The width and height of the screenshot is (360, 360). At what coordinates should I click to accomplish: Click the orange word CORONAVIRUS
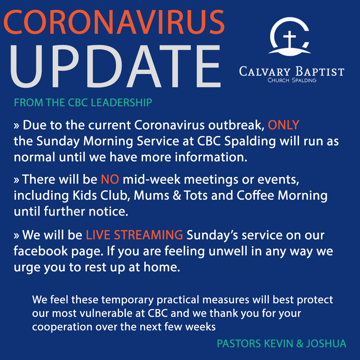(114, 22)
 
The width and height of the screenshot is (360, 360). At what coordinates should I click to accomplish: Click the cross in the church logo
(290, 39)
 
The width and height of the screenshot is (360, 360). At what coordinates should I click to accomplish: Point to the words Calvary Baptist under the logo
(292, 71)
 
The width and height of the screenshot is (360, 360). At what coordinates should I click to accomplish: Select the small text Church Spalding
(292, 80)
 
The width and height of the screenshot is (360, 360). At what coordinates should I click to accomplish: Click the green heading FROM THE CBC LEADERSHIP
(83, 103)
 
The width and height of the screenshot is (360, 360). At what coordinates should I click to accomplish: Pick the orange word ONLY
(284, 125)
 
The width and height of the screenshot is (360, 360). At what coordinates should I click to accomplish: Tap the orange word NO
(110, 179)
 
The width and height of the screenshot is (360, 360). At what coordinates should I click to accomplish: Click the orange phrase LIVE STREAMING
(134, 235)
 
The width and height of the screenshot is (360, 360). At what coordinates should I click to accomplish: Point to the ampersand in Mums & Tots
(177, 195)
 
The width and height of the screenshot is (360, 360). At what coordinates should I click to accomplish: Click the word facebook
(41, 251)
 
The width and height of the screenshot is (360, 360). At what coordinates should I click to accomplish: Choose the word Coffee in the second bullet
(255, 195)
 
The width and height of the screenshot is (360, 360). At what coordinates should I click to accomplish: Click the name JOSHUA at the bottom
(326, 344)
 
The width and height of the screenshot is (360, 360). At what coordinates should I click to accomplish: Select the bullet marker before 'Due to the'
(16, 126)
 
